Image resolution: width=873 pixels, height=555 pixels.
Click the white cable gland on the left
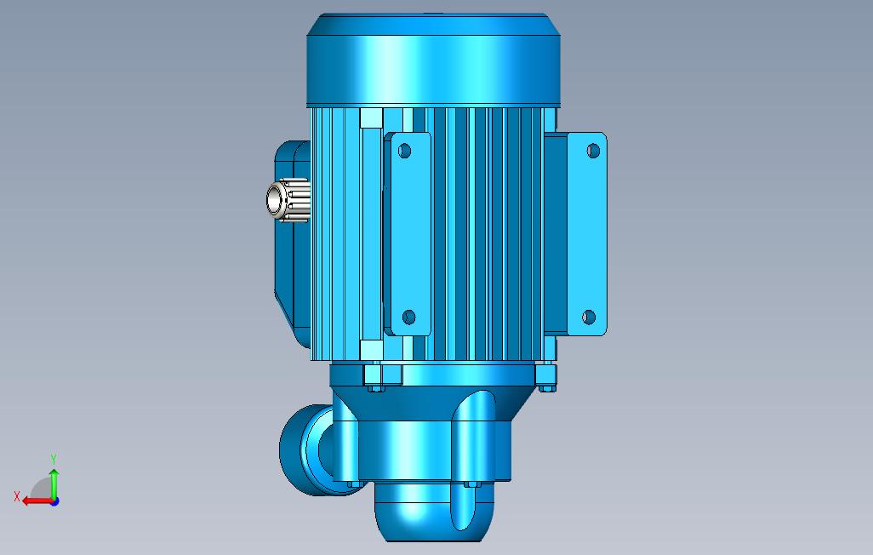coord(284,201)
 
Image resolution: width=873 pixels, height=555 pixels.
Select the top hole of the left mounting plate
coord(404,151)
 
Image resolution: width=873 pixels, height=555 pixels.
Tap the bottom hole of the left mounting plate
coord(408,318)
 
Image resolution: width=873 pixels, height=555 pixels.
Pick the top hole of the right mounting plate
coord(593,151)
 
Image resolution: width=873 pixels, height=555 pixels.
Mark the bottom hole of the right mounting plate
coord(588,318)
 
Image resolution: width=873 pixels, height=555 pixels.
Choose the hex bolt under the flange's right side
coord(545,388)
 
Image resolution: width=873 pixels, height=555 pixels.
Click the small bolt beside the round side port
coord(351,484)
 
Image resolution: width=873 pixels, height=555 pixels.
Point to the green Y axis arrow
coord(54,482)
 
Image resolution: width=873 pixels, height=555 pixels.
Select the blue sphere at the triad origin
coord(54,501)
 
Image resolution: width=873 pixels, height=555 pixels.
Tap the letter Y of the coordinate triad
coord(54,460)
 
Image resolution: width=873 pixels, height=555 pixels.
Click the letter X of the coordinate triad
coord(16,496)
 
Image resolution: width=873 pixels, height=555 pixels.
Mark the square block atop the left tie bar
coord(371,118)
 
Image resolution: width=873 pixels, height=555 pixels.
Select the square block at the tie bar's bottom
coord(371,349)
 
